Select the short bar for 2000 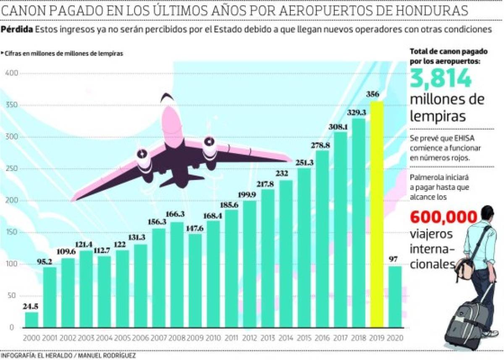pos(31,320)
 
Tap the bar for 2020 pos(395,297)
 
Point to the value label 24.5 pos(31,306)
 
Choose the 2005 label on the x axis pos(123,338)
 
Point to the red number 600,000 pos(444,217)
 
